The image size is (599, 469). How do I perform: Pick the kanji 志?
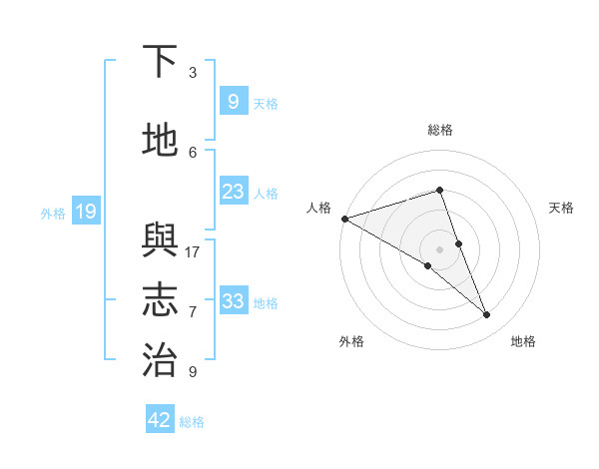tap(160, 300)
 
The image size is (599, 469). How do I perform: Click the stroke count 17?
tap(193, 251)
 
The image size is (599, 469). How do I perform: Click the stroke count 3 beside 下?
tap(193, 73)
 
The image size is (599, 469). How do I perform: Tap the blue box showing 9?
tap(233, 101)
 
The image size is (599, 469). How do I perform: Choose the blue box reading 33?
tap(233, 300)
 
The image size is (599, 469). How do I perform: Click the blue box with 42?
tap(160, 420)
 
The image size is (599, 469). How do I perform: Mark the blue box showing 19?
tap(86, 211)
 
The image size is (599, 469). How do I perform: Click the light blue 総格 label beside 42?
tap(192, 422)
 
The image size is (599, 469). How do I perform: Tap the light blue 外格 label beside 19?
tap(53, 213)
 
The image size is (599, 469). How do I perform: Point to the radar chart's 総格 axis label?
tap(439, 130)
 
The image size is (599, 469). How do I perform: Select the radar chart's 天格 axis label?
tap(561, 208)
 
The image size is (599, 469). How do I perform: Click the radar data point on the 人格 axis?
tap(344, 218)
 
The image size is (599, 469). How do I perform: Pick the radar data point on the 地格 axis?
tap(487, 315)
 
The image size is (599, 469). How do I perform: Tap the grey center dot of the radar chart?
tap(439, 249)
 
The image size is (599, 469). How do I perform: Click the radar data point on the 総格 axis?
tap(439, 190)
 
